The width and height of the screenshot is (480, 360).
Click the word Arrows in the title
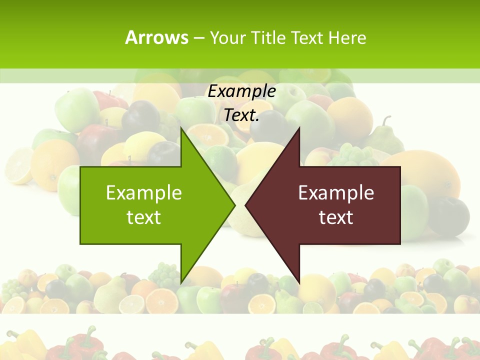pos(156,37)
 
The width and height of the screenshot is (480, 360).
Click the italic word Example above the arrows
pos(241,91)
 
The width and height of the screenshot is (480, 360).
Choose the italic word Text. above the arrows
pos(241,115)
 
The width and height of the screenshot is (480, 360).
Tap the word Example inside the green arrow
pos(144,193)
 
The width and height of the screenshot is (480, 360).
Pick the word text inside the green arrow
pos(144,217)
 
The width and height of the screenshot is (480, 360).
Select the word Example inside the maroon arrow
pos(336,193)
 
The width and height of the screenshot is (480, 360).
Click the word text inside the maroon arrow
pos(336,217)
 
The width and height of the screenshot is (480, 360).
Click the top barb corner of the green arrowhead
pos(181,127)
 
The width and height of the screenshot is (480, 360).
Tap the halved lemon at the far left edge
pos(17,165)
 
